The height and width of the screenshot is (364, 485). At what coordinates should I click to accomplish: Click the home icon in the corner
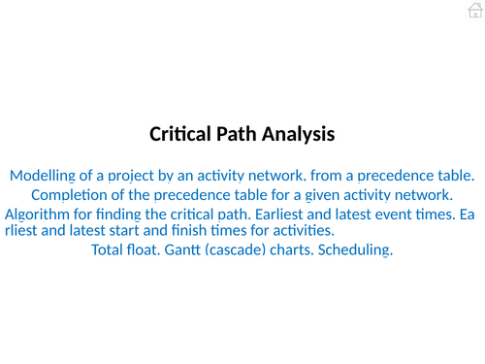pyautogui.click(x=473, y=11)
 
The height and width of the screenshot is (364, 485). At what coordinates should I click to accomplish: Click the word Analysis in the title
pyautogui.click(x=298, y=135)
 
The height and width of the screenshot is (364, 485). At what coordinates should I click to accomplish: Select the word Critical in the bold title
pyautogui.click(x=183, y=135)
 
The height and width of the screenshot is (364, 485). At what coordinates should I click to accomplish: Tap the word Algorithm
pyautogui.click(x=39, y=214)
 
